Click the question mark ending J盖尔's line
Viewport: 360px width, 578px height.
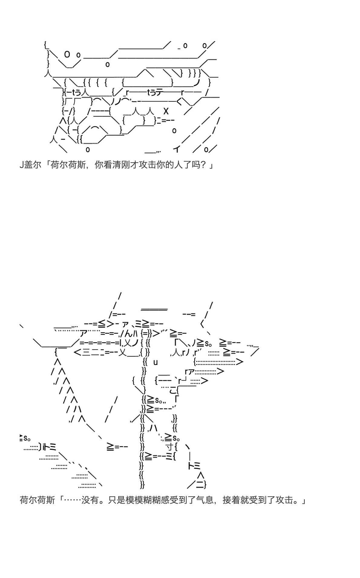(203, 165)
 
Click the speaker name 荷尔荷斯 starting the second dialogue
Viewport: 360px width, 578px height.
(37, 500)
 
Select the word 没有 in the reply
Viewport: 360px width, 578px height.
(90, 500)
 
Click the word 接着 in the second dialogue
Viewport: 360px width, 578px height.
(231, 500)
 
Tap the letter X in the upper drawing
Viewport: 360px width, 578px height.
(166, 111)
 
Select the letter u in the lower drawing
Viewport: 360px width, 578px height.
(155, 362)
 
